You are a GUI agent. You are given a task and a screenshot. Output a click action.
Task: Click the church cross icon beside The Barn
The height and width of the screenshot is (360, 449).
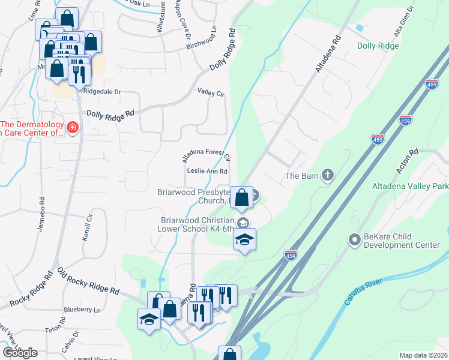point(327,176)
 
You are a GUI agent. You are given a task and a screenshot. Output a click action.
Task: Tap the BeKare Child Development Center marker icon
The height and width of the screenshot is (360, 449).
point(354,240)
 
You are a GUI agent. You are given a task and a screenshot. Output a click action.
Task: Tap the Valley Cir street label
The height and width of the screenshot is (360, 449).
point(211,92)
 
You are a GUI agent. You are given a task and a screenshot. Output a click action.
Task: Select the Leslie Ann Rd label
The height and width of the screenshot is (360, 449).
point(207,171)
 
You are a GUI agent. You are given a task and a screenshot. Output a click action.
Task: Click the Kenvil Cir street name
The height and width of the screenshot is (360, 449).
point(88,227)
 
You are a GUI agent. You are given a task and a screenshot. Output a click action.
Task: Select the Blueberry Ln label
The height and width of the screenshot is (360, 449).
point(82,310)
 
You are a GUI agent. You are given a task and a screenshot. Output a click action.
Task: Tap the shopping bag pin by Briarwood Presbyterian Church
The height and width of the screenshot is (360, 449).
point(241,197)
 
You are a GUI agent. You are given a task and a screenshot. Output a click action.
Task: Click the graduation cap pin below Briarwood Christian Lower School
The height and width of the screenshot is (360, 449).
point(244,239)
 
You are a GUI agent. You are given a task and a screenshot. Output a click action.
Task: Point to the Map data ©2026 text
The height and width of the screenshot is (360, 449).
point(423,355)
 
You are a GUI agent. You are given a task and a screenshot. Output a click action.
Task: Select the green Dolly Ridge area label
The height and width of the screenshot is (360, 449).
point(378,46)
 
